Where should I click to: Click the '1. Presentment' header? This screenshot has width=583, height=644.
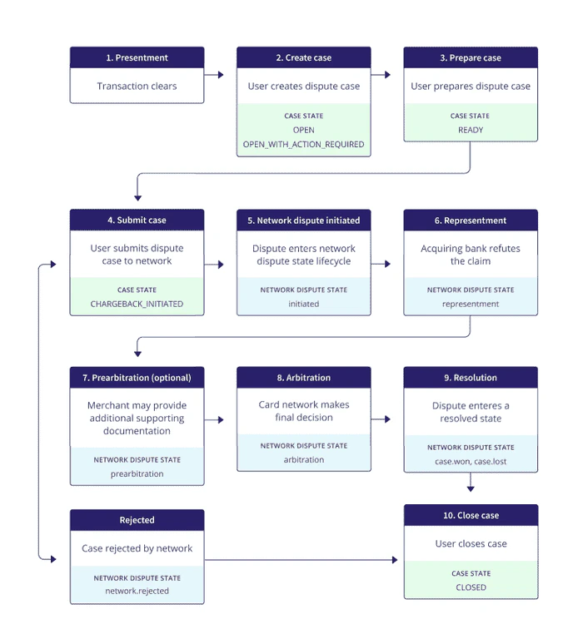(x=137, y=57)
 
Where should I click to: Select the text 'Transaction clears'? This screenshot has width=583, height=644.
(x=137, y=86)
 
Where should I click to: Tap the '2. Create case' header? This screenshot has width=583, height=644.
(x=304, y=57)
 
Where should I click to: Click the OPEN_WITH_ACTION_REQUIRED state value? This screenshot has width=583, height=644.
(x=304, y=144)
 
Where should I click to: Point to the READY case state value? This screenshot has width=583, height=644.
(x=471, y=130)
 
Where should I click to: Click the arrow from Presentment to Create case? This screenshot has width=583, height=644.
(x=215, y=75)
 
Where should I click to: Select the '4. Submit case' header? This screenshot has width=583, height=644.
(x=137, y=220)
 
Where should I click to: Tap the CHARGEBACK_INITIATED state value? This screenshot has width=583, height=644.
(x=137, y=305)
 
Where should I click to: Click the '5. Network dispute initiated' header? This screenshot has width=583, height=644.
(x=304, y=220)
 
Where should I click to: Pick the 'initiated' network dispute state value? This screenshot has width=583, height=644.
(x=304, y=305)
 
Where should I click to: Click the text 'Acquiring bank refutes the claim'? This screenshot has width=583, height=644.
(x=471, y=255)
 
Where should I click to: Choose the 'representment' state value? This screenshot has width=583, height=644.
(x=471, y=305)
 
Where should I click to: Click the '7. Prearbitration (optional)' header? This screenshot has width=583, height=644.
(x=137, y=378)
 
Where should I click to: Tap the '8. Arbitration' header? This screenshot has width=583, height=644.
(x=304, y=378)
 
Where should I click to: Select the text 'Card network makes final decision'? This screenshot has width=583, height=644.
(x=304, y=411)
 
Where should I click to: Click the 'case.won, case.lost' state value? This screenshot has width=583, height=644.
(x=471, y=461)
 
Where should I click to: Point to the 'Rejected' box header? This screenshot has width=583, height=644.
(x=137, y=520)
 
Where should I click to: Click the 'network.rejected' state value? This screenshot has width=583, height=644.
(x=137, y=591)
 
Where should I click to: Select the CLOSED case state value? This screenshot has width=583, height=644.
(x=471, y=587)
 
